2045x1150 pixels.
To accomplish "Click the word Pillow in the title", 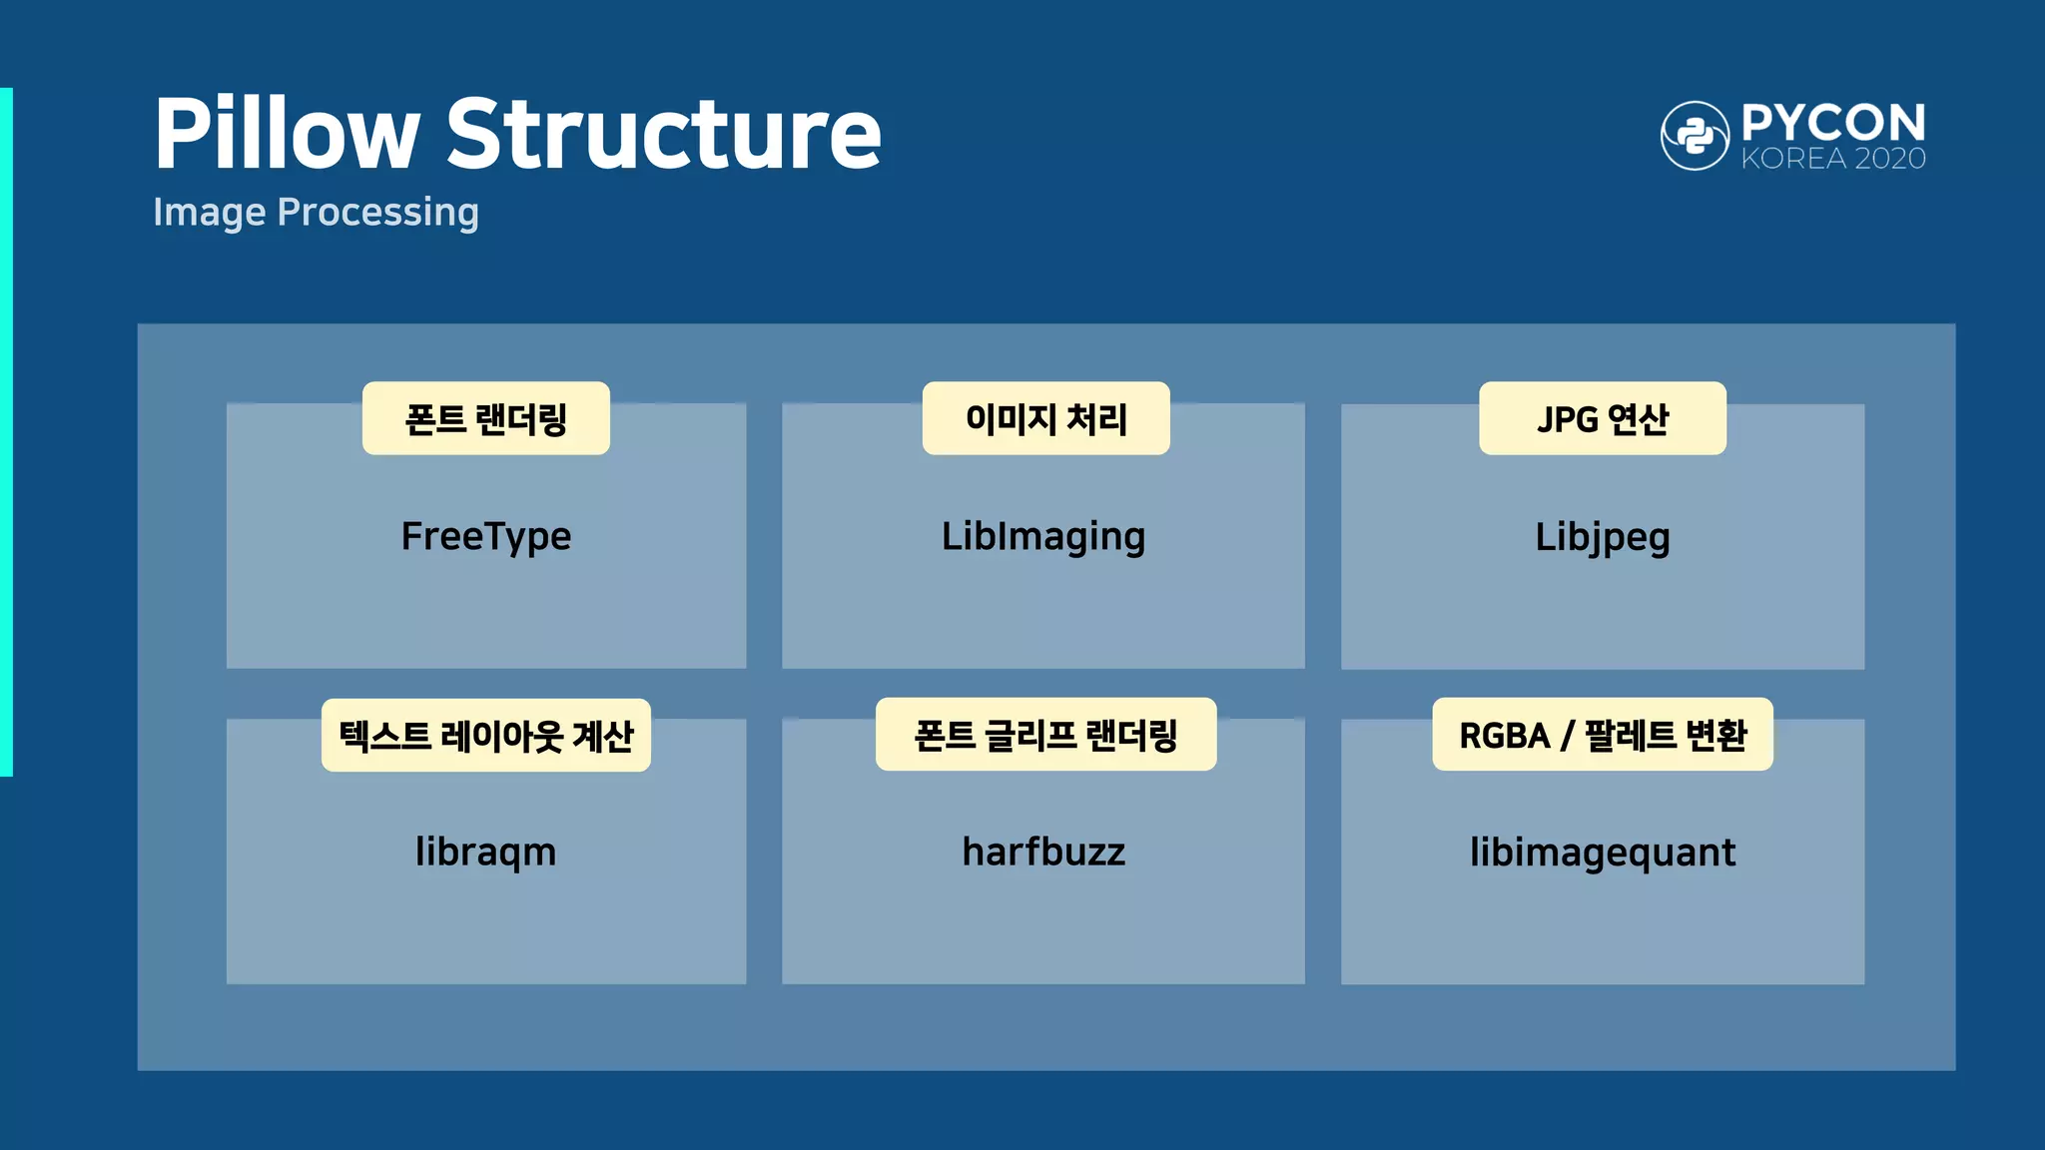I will [x=287, y=135].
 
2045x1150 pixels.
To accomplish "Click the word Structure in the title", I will [x=663, y=135].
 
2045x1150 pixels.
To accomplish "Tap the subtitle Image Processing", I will [x=316, y=212].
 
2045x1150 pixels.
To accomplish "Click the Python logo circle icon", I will [x=1695, y=136].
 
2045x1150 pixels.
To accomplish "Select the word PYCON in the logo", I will [x=1833, y=124].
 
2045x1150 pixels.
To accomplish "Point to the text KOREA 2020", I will [x=1833, y=159].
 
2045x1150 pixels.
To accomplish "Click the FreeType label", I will [x=486, y=537].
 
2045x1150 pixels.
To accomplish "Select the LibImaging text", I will [x=1043, y=537].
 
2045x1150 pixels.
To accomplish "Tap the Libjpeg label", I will [x=1602, y=537].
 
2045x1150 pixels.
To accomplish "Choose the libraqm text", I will [x=486, y=853].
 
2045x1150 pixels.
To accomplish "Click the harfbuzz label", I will [x=1043, y=853].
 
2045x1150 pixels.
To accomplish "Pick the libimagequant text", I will [x=1602, y=853].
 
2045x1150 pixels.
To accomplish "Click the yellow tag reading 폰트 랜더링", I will [x=486, y=418].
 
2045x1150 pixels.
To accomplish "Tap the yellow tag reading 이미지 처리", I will [x=1045, y=418].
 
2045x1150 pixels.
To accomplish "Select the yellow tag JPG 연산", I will [x=1602, y=418].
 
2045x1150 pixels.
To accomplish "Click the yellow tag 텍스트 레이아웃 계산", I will [x=486, y=736].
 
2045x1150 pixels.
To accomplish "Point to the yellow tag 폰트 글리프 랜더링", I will [x=1045, y=735].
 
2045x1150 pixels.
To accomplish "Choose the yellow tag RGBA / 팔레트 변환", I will [x=1602, y=735].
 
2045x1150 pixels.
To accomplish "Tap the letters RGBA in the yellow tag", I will [x=1504, y=736].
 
